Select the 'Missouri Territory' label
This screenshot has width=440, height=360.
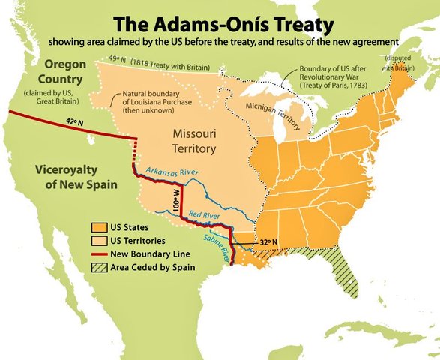coord(195,141)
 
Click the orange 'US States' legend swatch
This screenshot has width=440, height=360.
coord(97,227)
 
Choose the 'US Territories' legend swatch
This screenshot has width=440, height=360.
coord(97,241)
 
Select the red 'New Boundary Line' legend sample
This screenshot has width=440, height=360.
coord(97,254)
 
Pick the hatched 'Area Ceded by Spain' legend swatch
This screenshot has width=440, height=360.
coord(97,267)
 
